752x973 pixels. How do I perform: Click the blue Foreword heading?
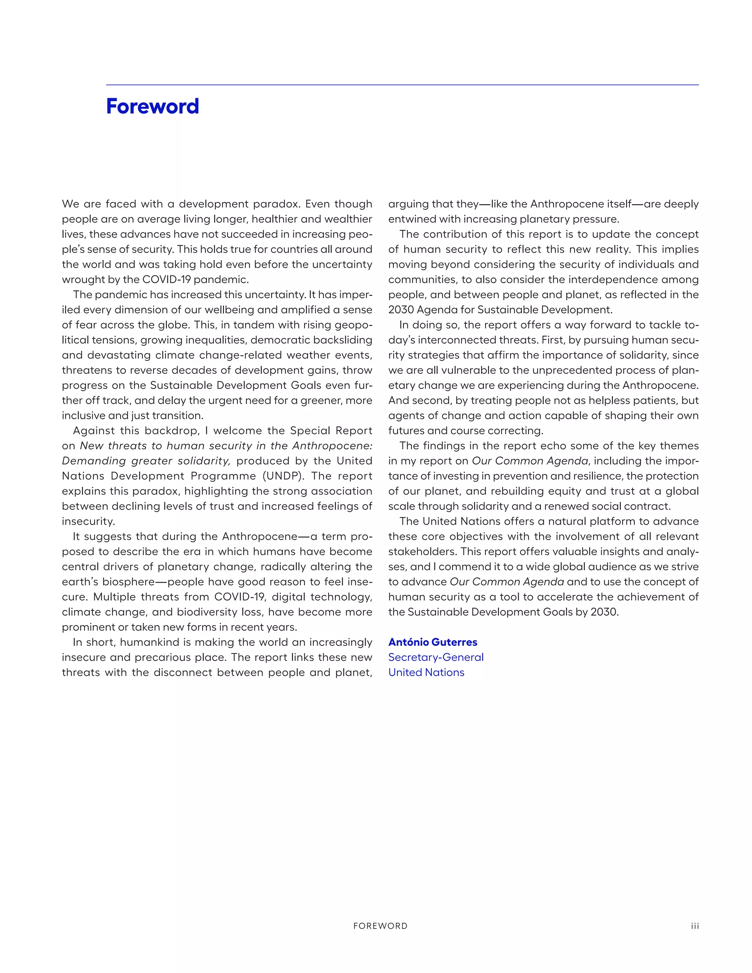point(152,106)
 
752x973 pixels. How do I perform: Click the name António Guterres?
point(433,642)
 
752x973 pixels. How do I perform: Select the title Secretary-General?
point(436,657)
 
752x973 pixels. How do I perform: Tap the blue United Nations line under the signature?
point(426,672)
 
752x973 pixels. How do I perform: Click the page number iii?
point(694,926)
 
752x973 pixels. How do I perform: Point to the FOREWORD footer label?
point(380,926)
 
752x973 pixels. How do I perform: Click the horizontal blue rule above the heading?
point(402,85)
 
